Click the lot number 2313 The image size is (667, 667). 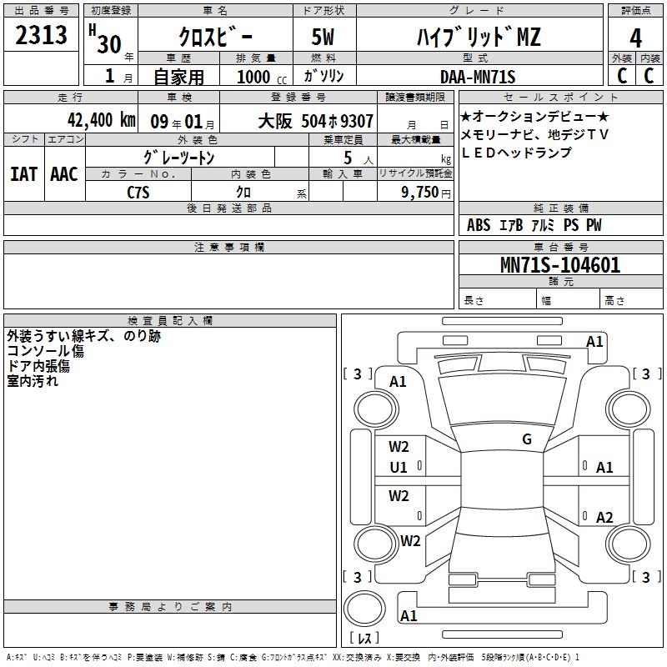click(x=41, y=34)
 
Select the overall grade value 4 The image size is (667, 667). click(x=635, y=38)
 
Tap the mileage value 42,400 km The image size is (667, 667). click(x=101, y=120)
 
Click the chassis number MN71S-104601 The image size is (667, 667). click(x=560, y=264)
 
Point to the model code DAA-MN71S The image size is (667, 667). click(x=478, y=77)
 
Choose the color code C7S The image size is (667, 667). click(x=138, y=193)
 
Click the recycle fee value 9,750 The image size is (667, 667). click(x=420, y=193)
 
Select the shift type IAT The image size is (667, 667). click(x=23, y=174)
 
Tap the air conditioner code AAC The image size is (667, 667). click(x=64, y=174)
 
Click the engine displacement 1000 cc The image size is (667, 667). click(x=262, y=77)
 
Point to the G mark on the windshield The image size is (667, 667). click(x=527, y=439)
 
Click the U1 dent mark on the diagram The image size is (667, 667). click(x=399, y=468)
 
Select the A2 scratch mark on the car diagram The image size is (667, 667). click(x=604, y=517)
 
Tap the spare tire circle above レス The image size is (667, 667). click(x=364, y=609)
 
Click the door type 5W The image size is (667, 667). click(x=323, y=37)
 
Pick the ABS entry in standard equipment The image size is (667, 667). click(x=479, y=225)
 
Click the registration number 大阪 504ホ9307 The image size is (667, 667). click(x=316, y=121)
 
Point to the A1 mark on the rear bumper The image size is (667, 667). click(x=409, y=615)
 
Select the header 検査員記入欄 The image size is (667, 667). click(x=170, y=321)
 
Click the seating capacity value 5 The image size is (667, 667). click(x=348, y=158)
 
